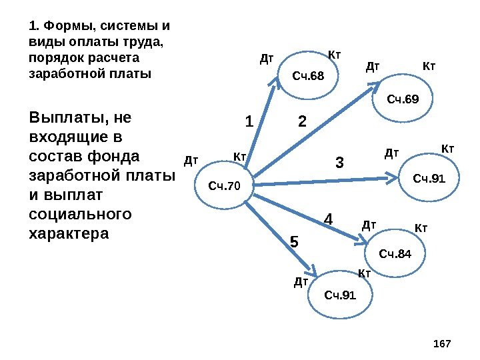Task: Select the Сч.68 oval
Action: [x=307, y=75]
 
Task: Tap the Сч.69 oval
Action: [x=403, y=100]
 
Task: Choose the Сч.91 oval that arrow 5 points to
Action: [x=340, y=294]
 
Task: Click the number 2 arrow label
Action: [x=302, y=122]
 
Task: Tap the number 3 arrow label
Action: [x=339, y=162]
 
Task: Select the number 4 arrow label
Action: [x=328, y=219]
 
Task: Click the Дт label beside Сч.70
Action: [x=191, y=160]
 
